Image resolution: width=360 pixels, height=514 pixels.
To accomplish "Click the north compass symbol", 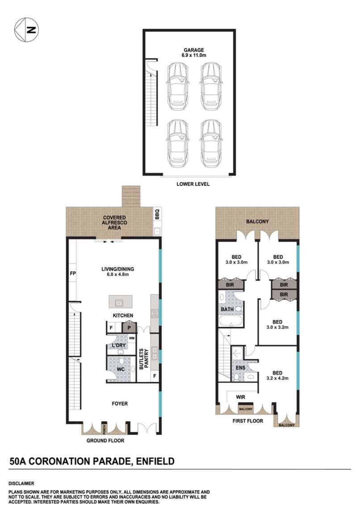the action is coord(26,30).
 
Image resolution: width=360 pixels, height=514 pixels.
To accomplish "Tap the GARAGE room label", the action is coord(193,50).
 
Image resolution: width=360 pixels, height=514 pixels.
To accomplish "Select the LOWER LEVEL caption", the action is coord(193,184).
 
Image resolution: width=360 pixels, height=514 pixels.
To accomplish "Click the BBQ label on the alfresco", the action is coord(157,214).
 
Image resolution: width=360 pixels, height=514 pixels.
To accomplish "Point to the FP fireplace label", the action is coord(73,273).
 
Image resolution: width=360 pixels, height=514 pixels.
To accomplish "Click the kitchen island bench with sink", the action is coord(121,301).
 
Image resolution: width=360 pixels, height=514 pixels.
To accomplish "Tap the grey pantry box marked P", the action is coord(129,328).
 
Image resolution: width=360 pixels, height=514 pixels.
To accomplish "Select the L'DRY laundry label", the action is coord(118,345).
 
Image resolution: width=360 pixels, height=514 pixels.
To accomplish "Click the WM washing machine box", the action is coord(132,338).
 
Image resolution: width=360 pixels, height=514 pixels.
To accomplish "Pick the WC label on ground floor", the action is coord(121,369).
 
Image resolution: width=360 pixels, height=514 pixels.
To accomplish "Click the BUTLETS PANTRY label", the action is coord(144,358).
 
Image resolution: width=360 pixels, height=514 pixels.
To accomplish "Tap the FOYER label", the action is coord(120,404).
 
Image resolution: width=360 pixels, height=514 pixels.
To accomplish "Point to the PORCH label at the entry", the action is coord(104,429).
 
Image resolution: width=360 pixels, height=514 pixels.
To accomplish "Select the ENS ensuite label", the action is coord(240,367).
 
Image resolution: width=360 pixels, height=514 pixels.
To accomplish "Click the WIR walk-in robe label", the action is coord(240,397).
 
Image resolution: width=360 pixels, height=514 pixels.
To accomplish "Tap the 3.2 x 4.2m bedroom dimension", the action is coord(277,378).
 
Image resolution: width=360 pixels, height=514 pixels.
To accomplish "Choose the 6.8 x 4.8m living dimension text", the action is coord(117,274).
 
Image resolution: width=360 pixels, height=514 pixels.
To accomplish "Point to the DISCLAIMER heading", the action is coord(21,484).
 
